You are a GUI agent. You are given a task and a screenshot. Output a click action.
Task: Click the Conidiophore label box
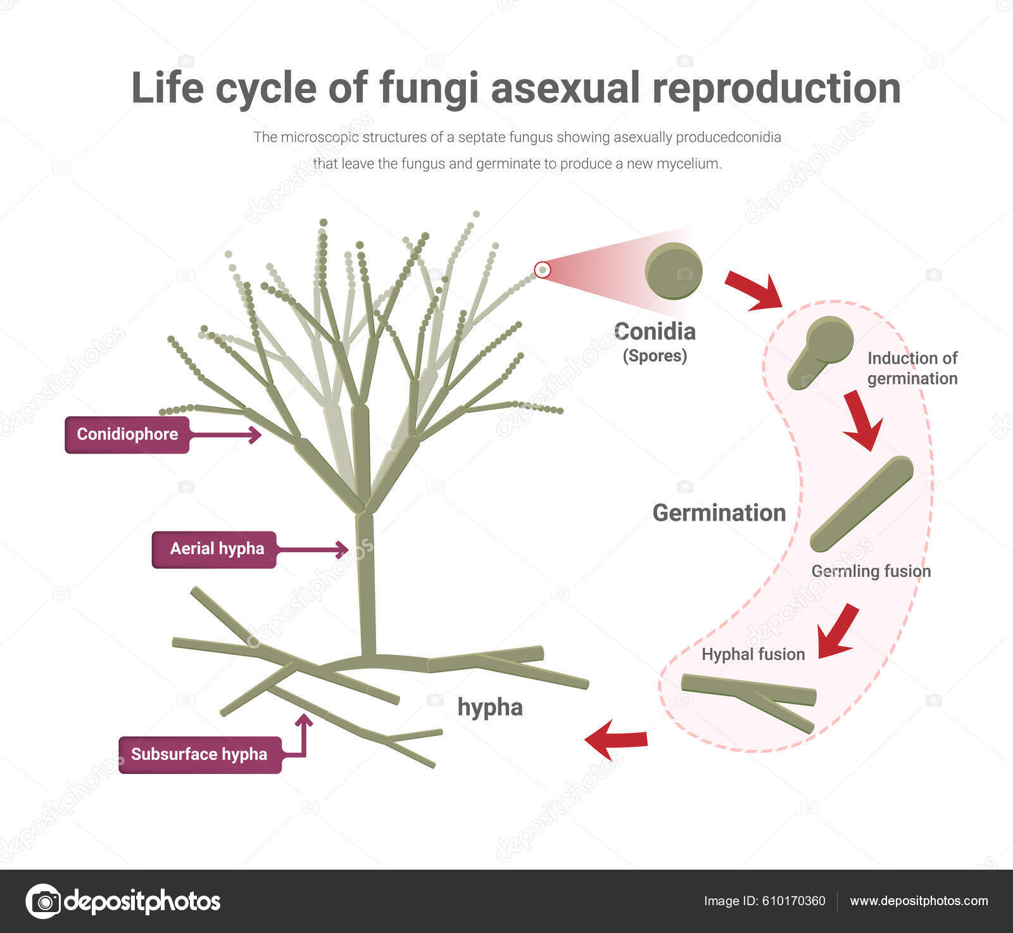coord(127,435)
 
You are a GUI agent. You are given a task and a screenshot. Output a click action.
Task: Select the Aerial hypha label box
coord(214,549)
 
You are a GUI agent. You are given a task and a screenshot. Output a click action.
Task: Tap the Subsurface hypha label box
coord(199,754)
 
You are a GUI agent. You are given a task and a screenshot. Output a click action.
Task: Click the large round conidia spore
coord(673,271)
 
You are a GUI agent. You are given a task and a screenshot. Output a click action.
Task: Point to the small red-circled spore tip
coord(543,270)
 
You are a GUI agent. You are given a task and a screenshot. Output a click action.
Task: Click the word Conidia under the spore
coord(655,331)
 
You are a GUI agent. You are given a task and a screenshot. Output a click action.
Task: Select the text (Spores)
coord(655,356)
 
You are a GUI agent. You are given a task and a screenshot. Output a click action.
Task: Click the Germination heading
coord(719,512)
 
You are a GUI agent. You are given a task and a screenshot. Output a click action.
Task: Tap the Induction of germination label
coord(912,368)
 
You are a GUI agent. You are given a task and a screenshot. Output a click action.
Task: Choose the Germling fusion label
coord(871,571)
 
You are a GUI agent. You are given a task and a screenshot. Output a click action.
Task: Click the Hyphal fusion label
coord(753,654)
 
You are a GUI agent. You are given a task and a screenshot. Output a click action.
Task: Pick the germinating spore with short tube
coord(821,352)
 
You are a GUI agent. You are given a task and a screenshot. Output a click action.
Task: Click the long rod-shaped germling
coord(861,504)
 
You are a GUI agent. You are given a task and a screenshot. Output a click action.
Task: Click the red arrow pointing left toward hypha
coord(615,739)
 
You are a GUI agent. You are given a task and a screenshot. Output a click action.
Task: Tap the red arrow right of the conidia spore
coord(753,290)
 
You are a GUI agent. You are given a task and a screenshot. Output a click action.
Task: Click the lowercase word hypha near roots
coord(490,708)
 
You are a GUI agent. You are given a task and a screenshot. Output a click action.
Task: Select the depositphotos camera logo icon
coord(43,901)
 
